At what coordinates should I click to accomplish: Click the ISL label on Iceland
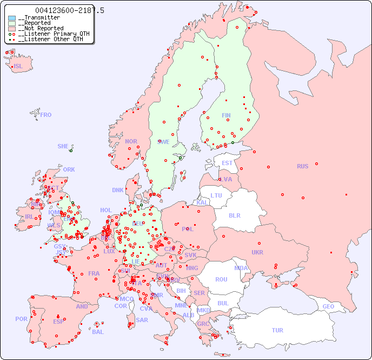coord(18,67)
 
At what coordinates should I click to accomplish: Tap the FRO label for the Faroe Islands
coord(46,115)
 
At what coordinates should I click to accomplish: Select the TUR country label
coord(277,330)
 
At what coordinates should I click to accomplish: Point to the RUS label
coord(302,166)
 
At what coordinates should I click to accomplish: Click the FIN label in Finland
coord(226,115)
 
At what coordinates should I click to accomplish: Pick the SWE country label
coord(163,142)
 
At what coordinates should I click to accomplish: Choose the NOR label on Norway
coord(131,141)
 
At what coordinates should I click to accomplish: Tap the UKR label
coord(257,252)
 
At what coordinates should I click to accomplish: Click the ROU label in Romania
coord(221,279)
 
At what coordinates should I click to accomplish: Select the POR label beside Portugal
coord(21,319)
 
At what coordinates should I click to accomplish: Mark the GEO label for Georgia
coord(328,306)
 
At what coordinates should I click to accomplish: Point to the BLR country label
coord(234,215)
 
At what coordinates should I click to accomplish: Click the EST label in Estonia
coord(227,163)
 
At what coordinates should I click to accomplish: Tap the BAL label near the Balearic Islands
coord(98,332)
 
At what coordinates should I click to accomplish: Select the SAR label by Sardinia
coord(142,320)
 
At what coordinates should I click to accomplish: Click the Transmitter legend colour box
coord(12,18)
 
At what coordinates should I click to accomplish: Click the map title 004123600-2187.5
coord(70,11)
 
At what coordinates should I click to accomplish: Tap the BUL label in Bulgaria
coord(223,303)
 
